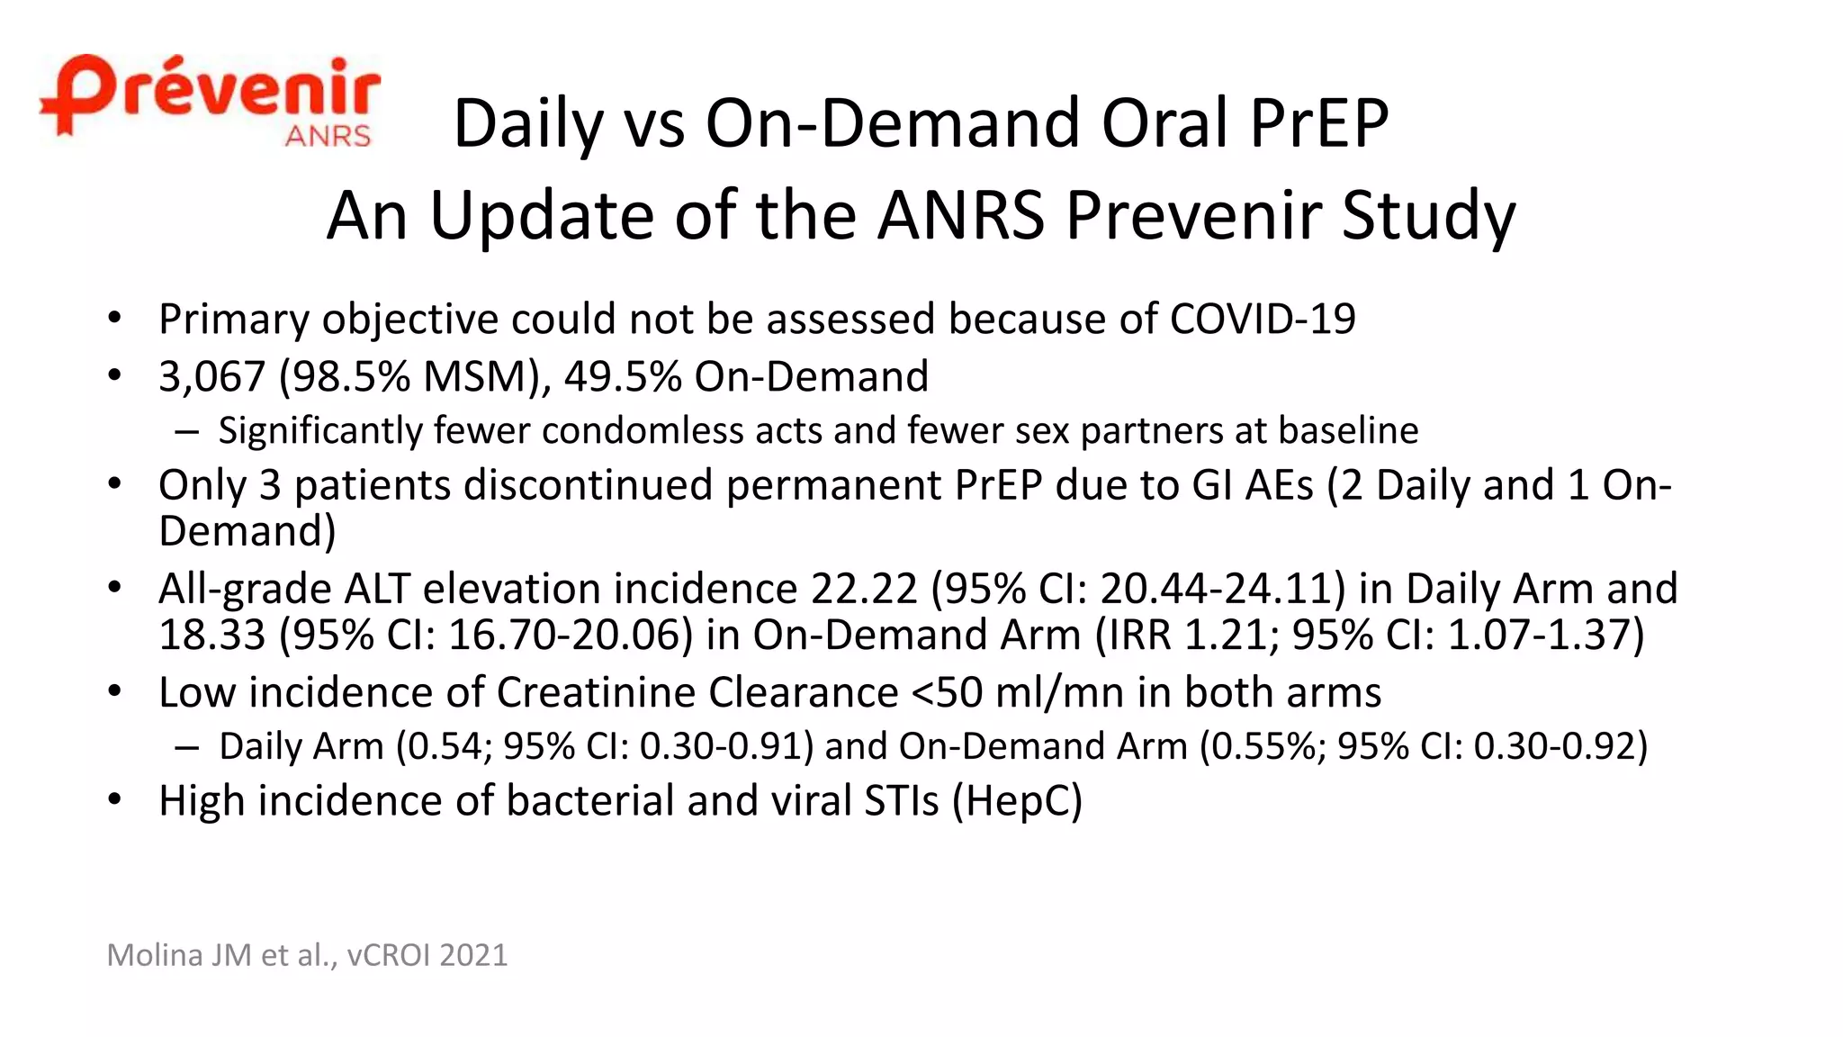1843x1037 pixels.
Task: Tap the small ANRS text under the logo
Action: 328,136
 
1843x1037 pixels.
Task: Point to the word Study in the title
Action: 1428,216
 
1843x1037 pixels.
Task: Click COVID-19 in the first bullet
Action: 1262,320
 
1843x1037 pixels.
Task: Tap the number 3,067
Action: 211,377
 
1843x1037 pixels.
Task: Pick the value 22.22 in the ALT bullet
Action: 864,590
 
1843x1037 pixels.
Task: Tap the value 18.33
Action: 211,636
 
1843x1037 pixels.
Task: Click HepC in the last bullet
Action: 1017,801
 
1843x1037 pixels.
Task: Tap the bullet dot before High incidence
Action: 114,799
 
